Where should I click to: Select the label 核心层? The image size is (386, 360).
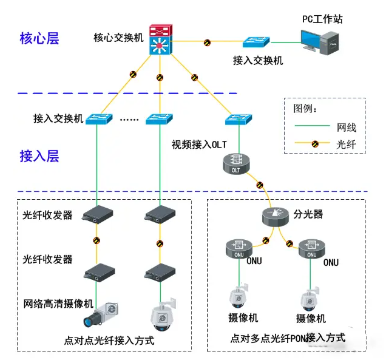coord(39,38)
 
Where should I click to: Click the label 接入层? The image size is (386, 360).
coord(39,156)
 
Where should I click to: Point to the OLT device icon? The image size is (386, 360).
coord(236,162)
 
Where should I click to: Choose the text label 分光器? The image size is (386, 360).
coord(308,215)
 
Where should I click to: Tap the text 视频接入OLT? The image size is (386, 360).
coord(198,144)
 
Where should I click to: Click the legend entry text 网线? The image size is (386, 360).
coord(347,127)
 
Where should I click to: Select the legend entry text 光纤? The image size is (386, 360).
coord(347,144)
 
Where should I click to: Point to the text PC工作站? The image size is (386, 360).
coord(322,19)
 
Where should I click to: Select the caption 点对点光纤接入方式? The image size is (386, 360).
coord(110,340)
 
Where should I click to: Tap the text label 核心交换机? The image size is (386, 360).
coord(118,38)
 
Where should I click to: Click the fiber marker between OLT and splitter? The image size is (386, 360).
coord(260,185)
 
